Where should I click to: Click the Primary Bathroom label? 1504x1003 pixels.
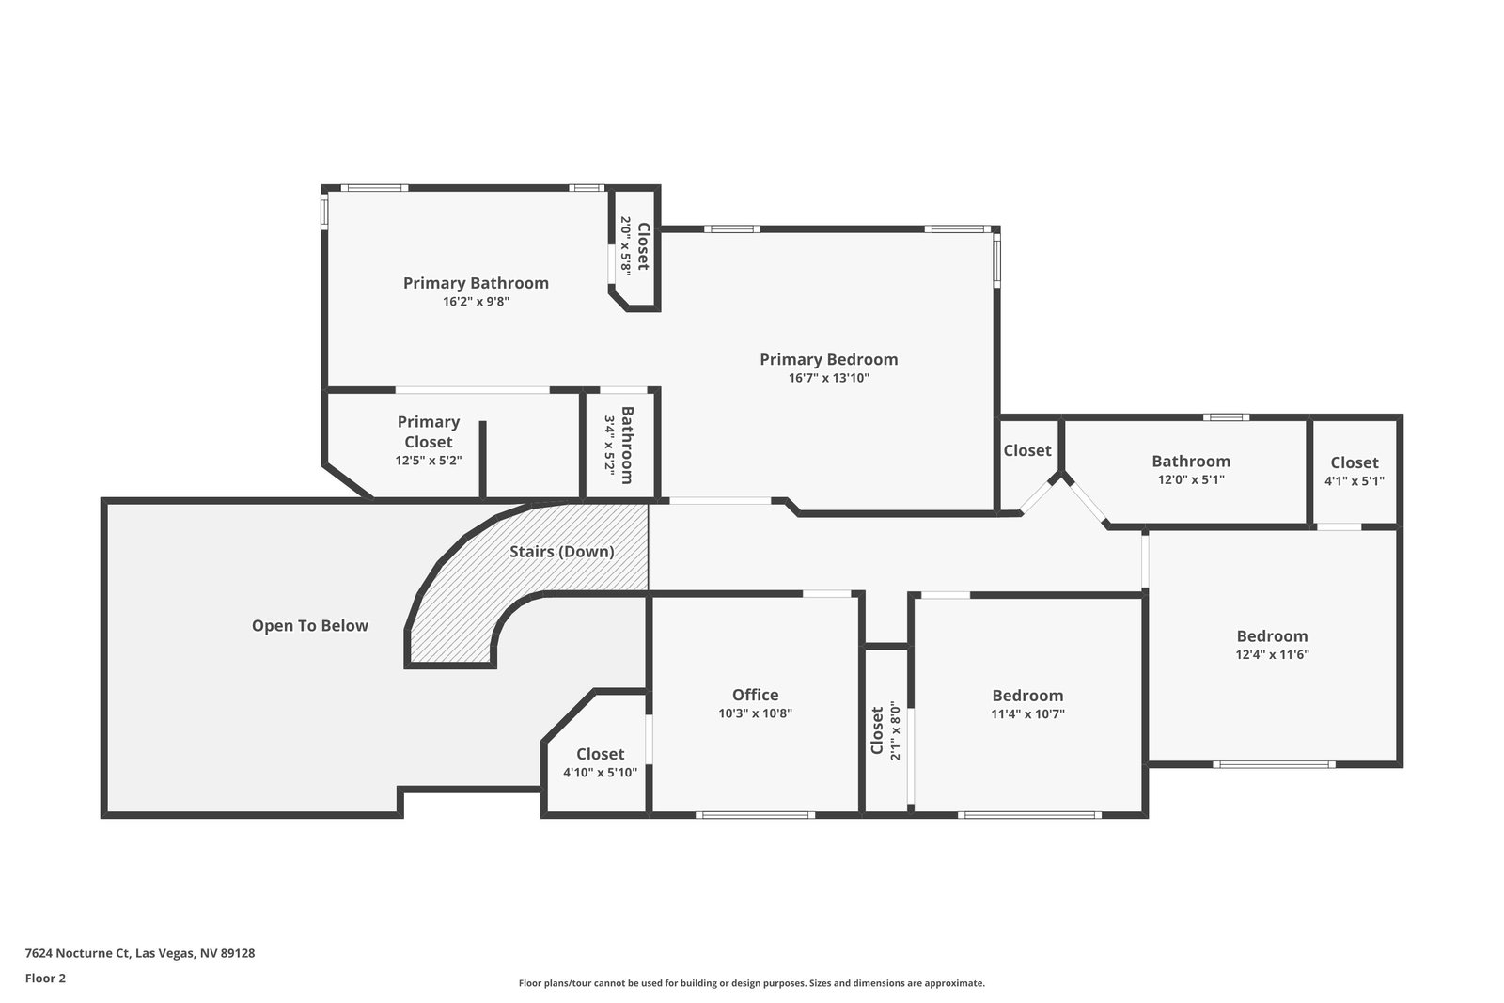click(x=476, y=283)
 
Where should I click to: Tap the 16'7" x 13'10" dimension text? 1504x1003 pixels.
click(x=828, y=378)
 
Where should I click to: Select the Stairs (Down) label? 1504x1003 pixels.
click(x=561, y=551)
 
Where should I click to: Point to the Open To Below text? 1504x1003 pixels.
click(x=309, y=626)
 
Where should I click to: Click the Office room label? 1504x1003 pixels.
click(x=756, y=694)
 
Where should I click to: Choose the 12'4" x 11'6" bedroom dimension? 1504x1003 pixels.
click(x=1273, y=654)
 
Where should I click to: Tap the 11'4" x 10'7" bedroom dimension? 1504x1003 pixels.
click(x=1027, y=713)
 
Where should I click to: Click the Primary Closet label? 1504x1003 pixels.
click(x=429, y=431)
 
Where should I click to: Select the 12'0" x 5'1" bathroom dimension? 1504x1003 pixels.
click(x=1190, y=480)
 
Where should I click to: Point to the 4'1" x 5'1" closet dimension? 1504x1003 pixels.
click(x=1355, y=481)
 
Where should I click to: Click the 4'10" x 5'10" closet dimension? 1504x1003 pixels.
click(x=600, y=773)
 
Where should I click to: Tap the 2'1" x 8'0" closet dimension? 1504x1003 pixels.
click(x=895, y=731)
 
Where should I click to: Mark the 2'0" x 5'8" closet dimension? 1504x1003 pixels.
click(x=626, y=245)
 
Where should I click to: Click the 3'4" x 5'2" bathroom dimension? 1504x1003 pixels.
click(x=610, y=446)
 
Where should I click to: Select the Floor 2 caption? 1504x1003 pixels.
click(x=46, y=979)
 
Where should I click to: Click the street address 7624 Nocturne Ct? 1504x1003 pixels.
click(x=77, y=953)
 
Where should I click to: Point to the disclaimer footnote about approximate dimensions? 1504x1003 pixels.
click(x=751, y=983)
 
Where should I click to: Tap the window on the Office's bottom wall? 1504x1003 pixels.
click(x=756, y=815)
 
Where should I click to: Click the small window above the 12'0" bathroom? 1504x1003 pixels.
click(x=1226, y=417)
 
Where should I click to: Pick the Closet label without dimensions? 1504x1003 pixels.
click(x=1027, y=450)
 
